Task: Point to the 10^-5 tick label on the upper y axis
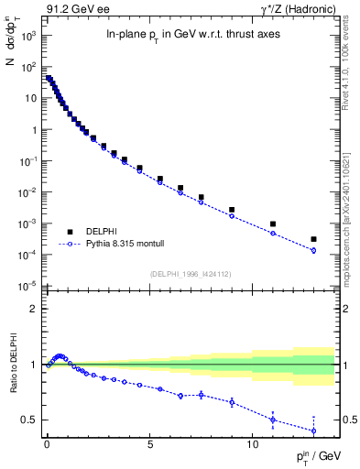click(x=29, y=287)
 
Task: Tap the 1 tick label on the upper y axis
click(x=35, y=129)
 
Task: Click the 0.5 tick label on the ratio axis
click(x=29, y=420)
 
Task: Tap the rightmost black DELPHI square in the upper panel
click(x=313, y=239)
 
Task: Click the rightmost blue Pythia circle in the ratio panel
click(x=313, y=431)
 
